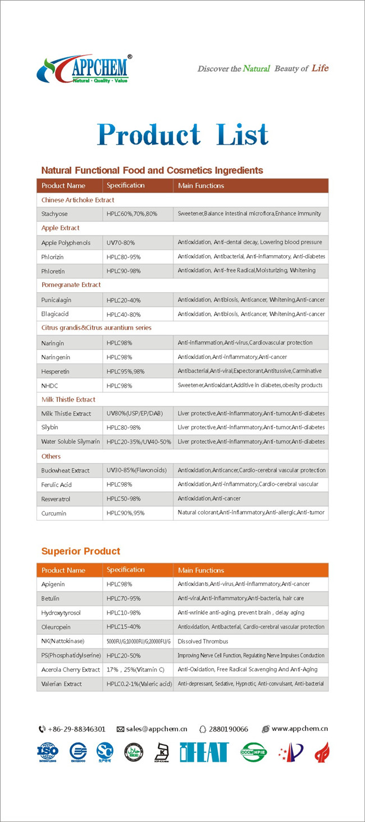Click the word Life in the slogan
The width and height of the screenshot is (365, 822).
point(320,68)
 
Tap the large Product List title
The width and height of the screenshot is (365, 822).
point(182,134)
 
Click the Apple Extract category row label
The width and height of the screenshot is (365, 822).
point(61,228)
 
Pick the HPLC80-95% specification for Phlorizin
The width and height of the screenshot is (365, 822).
point(124,257)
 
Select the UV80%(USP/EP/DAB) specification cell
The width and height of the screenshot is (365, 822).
point(135,414)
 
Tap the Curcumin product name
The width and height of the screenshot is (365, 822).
point(54,513)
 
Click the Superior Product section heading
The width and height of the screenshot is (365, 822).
point(81,551)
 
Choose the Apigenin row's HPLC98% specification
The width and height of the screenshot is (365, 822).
point(120,584)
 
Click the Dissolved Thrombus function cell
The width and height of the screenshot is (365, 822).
point(203,641)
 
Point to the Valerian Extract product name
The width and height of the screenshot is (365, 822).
point(62,684)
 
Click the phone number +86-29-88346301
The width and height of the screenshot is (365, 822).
point(76,729)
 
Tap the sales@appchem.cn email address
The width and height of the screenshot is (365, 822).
point(156,729)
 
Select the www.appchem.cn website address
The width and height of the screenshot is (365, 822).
point(299,729)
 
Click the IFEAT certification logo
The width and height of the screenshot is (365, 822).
point(204,752)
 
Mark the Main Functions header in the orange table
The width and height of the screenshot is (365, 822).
point(201,570)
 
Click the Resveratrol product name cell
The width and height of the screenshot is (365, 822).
point(55,499)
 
